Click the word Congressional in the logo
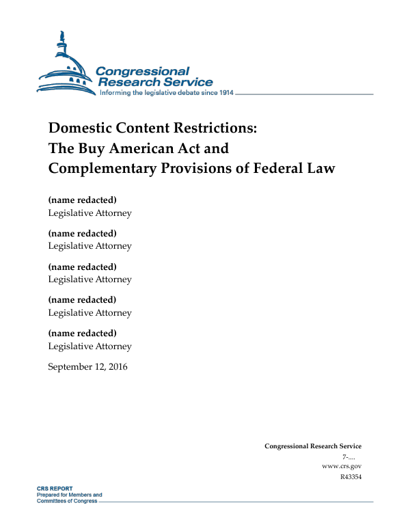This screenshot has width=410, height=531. [142, 71]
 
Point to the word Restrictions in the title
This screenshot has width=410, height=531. [217, 128]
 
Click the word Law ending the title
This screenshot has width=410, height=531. [320, 168]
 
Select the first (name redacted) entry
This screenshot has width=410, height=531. [82, 200]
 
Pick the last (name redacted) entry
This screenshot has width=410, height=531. [82, 333]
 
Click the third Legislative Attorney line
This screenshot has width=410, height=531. [90, 280]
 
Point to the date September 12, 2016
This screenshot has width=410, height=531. [87, 367]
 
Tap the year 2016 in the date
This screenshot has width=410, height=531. [115, 367]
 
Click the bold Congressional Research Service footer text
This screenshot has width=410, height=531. [312, 446]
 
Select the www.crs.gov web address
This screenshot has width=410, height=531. [341, 466]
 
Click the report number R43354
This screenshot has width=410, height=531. [350, 477]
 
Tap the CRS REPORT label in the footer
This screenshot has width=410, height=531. [55, 489]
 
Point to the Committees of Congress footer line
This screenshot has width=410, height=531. [66, 501]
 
